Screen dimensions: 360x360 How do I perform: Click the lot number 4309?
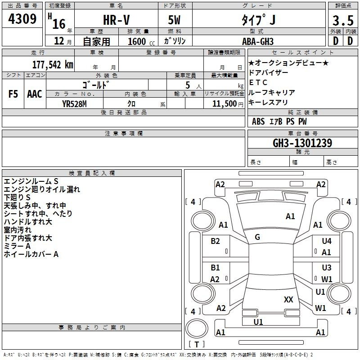pyautogui.click(x=22, y=19)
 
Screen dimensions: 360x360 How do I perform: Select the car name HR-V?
pyautogui.click(x=116, y=20)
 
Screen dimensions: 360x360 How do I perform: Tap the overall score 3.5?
pyautogui.click(x=343, y=20)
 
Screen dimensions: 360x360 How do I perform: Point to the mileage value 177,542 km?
pyautogui.click(x=53, y=65)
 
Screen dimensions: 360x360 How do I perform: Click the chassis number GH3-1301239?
pyautogui.click(x=302, y=143)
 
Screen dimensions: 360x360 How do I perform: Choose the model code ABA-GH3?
pyautogui.click(x=258, y=41)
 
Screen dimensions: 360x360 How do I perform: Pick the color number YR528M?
pyautogui.click(x=74, y=104)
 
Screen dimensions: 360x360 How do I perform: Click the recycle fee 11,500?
pyautogui.click(x=224, y=104)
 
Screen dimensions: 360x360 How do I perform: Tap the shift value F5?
pyautogui.click(x=13, y=94)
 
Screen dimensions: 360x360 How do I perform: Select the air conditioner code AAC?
pyautogui.click(x=35, y=94)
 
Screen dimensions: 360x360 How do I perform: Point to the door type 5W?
pyautogui.click(x=174, y=20)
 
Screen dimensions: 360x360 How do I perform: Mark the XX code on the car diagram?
pyautogui.click(x=288, y=299)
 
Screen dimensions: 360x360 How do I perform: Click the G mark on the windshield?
pyautogui.click(x=257, y=237)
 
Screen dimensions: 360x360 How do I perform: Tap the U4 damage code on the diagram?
pyautogui.click(x=327, y=241)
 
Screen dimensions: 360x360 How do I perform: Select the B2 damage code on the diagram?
pyautogui.click(x=215, y=241)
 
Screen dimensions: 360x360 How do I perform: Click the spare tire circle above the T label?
pyautogui.click(x=197, y=328)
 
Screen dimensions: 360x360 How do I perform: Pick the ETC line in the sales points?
pyautogui.click(x=258, y=82)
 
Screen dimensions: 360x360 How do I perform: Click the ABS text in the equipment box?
pyautogui.click(x=258, y=121)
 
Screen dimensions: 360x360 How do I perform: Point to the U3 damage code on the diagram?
pyautogui.click(x=327, y=267)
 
